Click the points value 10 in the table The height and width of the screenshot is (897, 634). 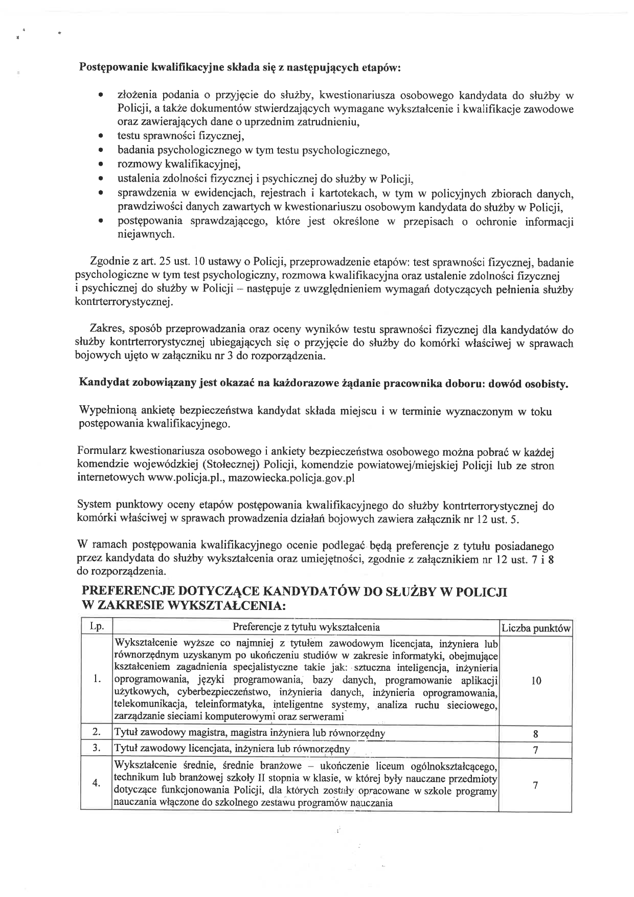pyautogui.click(x=535, y=681)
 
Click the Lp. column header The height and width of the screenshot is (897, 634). pyautogui.click(x=96, y=627)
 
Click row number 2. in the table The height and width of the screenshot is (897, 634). pyautogui.click(x=96, y=733)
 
